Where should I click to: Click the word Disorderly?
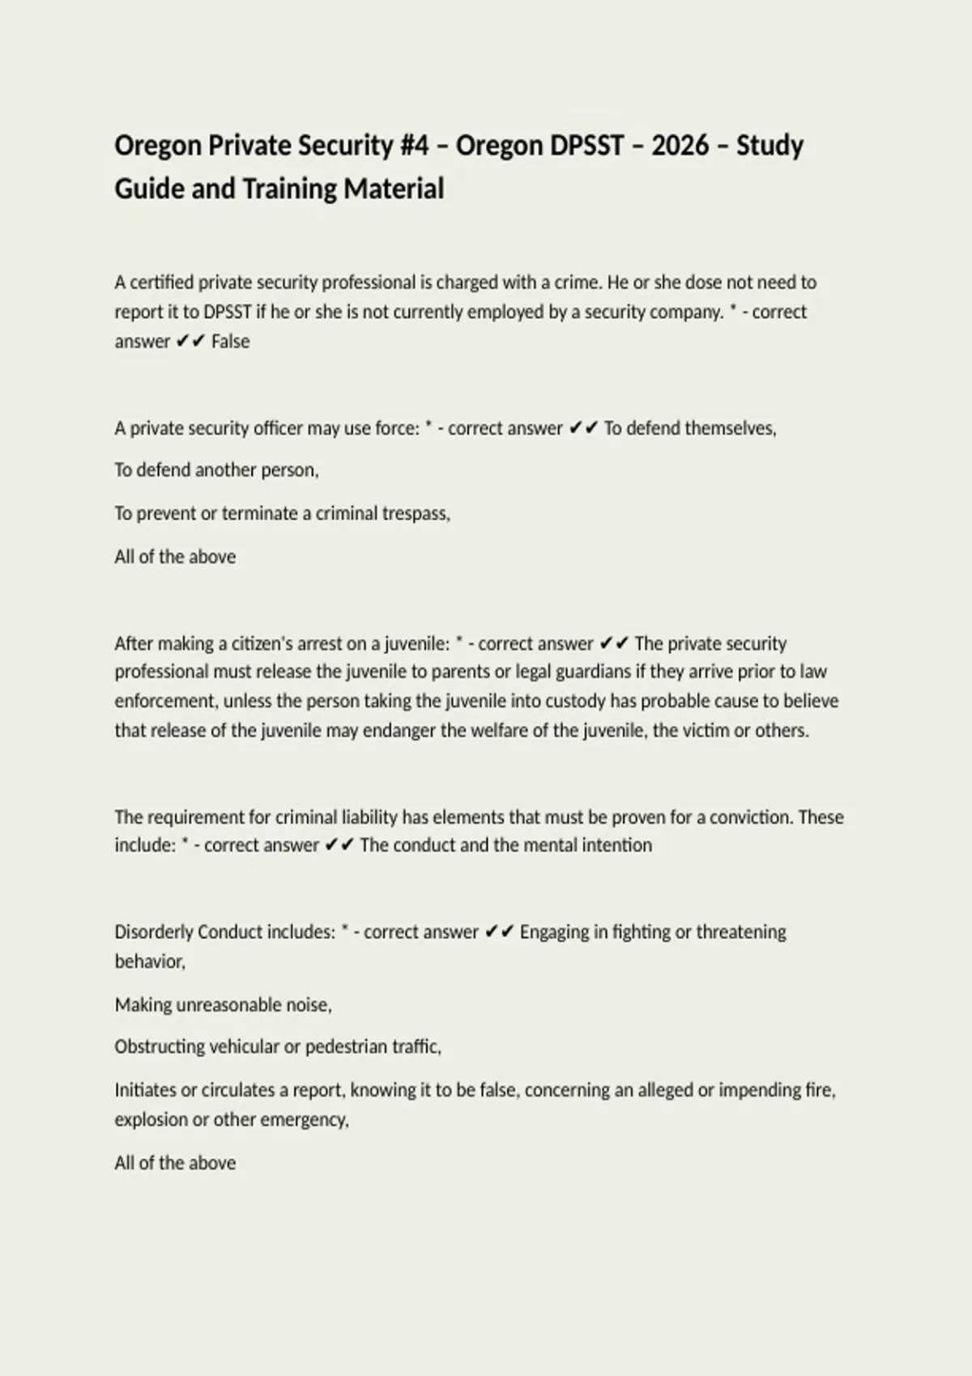pyautogui.click(x=154, y=932)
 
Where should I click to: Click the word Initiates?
pyautogui.click(x=145, y=1090)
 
